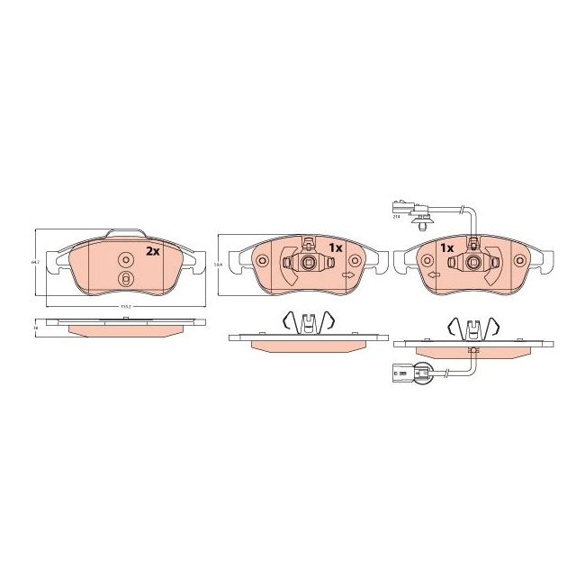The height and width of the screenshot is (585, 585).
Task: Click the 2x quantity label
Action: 153,251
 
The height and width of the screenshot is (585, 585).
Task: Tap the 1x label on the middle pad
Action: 336,247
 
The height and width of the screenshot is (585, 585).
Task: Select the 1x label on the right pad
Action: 445,247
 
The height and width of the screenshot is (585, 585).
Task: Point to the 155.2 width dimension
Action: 125,306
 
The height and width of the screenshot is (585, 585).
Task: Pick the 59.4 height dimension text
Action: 219,264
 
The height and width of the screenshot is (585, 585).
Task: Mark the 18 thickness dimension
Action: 35,328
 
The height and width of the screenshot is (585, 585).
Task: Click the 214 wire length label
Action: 396,217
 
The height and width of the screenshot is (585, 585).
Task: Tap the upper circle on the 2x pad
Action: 125,259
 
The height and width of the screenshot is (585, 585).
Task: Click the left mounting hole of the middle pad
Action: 263,262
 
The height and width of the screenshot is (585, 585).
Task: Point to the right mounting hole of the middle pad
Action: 355,261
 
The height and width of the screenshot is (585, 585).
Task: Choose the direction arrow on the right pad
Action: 433,274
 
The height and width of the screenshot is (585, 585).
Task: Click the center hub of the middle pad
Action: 308,263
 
